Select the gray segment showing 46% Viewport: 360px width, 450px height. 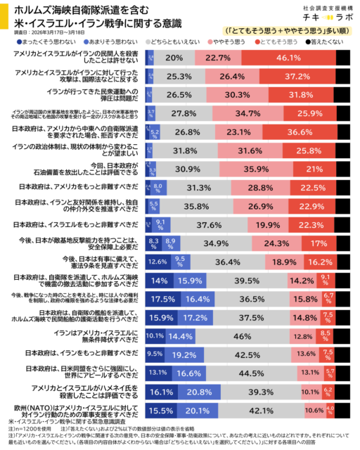(243, 336)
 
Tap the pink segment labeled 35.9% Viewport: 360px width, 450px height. (256, 169)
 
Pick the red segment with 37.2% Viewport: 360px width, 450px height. (297, 76)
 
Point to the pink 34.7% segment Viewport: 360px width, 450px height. (247, 113)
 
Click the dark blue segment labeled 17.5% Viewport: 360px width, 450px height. (162, 299)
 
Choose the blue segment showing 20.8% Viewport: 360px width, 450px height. (199, 392)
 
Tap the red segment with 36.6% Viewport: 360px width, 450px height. (300, 131)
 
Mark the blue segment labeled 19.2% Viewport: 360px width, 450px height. (184, 354)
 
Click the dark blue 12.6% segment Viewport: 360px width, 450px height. (157, 262)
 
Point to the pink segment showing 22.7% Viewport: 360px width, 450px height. (218, 58)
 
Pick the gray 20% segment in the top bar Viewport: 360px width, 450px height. (174, 58)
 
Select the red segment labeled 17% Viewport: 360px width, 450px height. (319, 243)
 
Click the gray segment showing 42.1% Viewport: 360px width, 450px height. (261, 411)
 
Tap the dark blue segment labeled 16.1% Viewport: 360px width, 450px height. (161, 392)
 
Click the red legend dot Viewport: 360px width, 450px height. (257, 42)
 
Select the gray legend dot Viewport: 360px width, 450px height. (148, 42)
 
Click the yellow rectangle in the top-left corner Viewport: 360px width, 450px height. (4, 15)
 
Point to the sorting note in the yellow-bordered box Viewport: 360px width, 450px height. (287, 31)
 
